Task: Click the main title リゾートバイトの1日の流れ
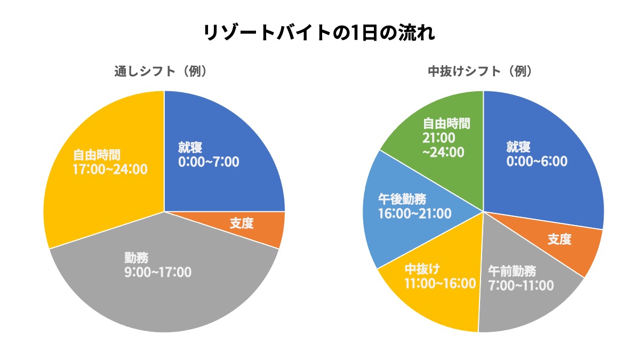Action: [319, 33]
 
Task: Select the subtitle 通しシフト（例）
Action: [161, 71]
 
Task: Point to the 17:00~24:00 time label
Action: [110, 169]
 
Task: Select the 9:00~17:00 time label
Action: [158, 272]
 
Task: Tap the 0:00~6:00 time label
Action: [537, 161]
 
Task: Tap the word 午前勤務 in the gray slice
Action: [512, 270]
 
